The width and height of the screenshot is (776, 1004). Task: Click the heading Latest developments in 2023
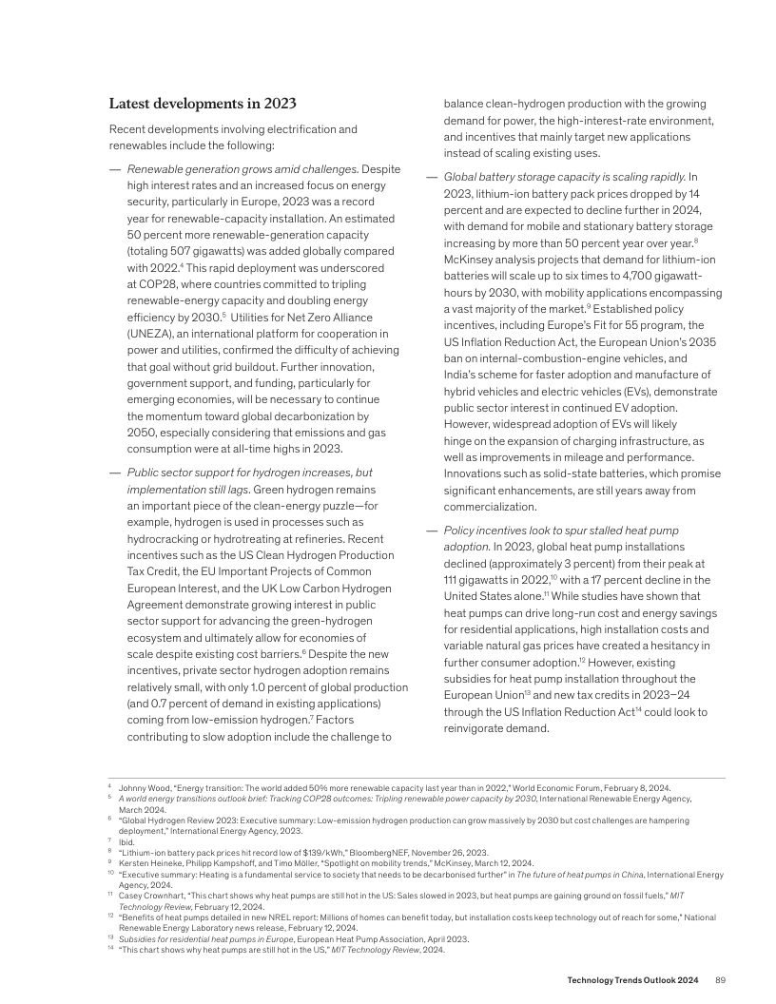click(x=203, y=104)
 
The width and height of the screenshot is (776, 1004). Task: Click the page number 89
click(x=720, y=979)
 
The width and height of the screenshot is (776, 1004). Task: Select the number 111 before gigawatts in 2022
click(x=453, y=579)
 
